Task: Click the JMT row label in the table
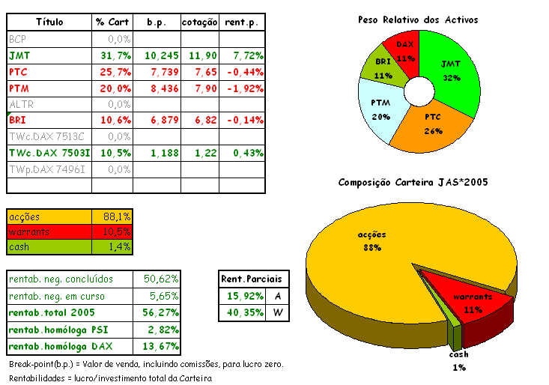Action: click(x=20, y=55)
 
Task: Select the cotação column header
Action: click(x=199, y=22)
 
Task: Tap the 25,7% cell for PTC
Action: click(x=114, y=72)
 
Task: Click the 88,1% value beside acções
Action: click(x=117, y=216)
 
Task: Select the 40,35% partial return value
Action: click(x=240, y=313)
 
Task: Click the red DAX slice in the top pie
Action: click(x=405, y=49)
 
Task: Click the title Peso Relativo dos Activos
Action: click(x=419, y=19)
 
